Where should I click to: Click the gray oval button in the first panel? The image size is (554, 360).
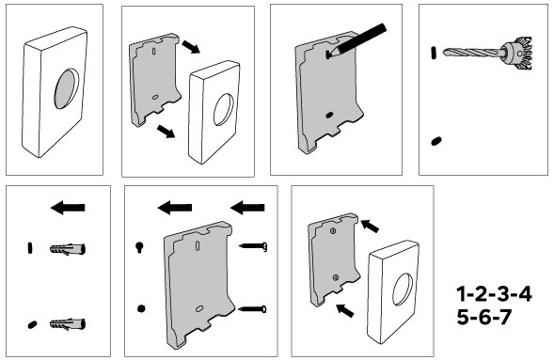point(67,88)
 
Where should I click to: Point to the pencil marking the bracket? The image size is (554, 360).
point(356,41)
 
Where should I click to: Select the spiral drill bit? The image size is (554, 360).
point(473,53)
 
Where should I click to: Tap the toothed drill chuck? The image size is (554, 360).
point(518,54)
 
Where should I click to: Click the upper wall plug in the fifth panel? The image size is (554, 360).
point(68,249)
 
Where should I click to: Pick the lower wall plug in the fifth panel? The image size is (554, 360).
point(68,324)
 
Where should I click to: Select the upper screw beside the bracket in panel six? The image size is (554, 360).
point(253,246)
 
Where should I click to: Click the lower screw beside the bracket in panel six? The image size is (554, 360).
point(253,309)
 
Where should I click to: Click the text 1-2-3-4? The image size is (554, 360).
point(494,294)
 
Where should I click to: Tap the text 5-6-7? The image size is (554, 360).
point(483,317)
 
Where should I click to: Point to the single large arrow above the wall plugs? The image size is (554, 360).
point(68,208)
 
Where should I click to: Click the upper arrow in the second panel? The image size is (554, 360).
point(191,47)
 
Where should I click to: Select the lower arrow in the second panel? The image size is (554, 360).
point(166,131)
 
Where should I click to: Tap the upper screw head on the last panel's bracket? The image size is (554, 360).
point(333,231)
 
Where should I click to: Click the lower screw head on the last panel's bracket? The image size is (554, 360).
point(336,278)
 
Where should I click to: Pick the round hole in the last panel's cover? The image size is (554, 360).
point(403,289)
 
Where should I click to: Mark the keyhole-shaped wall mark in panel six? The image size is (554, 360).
point(139,247)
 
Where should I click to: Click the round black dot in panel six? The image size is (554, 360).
point(141,309)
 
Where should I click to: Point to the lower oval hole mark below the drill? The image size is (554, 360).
point(436,141)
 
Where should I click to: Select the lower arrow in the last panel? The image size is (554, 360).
point(345,310)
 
